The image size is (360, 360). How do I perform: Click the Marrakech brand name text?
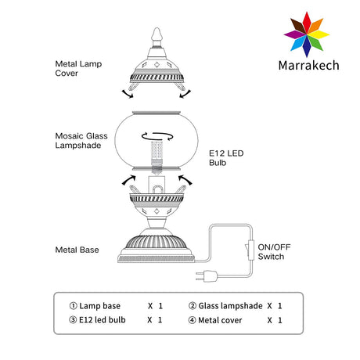[308, 65]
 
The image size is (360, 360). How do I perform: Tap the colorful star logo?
[307, 34]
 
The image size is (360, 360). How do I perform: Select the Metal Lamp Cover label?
[78, 68]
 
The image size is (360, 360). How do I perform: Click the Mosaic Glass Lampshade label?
[81, 141]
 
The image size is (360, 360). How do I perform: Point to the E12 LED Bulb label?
[226, 158]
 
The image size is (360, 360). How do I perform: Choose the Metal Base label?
[77, 250]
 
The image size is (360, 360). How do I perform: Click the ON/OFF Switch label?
[274, 252]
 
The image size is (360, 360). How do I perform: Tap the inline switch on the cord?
[250, 250]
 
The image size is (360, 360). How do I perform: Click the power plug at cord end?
[207, 276]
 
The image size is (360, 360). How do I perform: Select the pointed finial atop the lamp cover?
[157, 34]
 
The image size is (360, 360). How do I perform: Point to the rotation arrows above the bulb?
[157, 136]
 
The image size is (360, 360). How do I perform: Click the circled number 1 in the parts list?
[73, 306]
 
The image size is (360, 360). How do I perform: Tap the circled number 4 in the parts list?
[192, 320]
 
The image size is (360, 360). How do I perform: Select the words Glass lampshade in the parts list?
[230, 306]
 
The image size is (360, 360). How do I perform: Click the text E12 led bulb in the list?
[103, 320]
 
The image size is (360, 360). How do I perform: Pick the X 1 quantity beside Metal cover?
[275, 320]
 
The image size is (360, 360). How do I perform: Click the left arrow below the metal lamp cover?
[128, 94]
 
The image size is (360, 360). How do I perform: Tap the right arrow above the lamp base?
[185, 180]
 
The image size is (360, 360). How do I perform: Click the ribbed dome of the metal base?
[156, 242]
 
